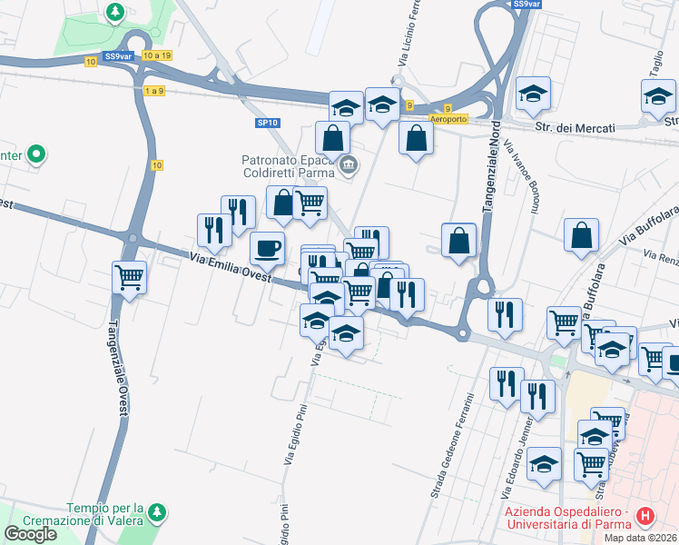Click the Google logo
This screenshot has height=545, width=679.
tap(31, 534)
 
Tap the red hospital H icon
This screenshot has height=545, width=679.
tap(645, 517)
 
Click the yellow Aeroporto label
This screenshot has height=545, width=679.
tap(448, 120)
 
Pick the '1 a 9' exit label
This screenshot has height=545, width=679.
tap(154, 91)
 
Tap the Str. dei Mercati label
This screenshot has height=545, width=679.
tap(575, 128)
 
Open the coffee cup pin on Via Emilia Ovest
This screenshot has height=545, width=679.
tap(267, 246)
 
